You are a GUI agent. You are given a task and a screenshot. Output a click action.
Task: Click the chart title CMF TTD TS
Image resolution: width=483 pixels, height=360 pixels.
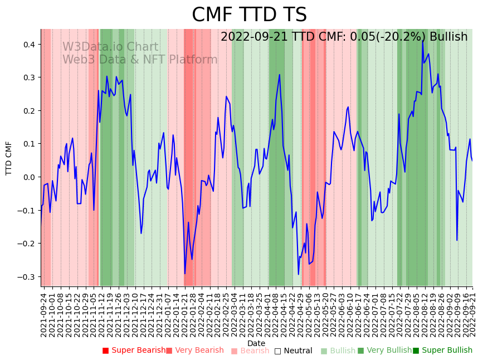[x=249, y=15]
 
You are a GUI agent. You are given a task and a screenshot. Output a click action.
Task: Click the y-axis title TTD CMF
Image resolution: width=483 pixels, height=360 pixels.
[x=9, y=158]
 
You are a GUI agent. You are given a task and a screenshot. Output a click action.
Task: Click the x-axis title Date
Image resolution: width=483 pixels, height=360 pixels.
[x=256, y=343]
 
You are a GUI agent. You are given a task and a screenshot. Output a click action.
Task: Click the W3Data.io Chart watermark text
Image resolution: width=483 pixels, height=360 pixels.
[x=110, y=47]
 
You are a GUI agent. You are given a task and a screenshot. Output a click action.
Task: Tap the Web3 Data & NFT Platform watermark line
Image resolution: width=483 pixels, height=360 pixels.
[x=140, y=60]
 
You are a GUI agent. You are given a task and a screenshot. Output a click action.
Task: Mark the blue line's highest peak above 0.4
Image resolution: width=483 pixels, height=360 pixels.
[x=423, y=41]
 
